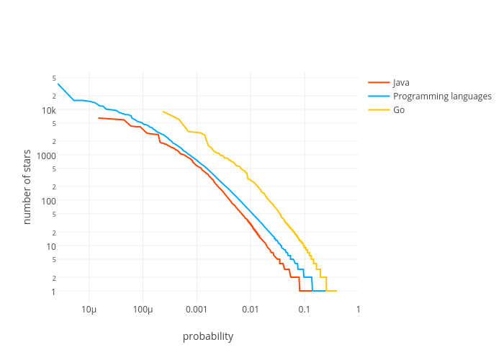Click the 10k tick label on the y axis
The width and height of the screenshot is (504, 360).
coord(48,110)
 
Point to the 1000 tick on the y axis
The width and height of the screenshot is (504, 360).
coord(46,156)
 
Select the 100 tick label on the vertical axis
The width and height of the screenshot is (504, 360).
coord(48,201)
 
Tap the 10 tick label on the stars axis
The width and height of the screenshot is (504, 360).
coord(50,246)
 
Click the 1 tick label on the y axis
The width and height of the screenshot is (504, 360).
coord(53,292)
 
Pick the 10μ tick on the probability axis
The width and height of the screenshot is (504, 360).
coord(89,309)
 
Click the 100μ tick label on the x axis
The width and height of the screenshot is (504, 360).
coord(143,309)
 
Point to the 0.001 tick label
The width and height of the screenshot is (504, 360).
coord(197,309)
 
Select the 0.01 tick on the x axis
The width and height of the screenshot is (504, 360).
coord(251,309)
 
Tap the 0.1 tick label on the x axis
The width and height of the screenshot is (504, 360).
coord(305,309)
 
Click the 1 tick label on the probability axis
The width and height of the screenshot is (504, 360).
coord(358,309)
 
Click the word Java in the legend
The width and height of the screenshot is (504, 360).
coord(401,83)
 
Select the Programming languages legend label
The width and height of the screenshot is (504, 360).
coord(442,96)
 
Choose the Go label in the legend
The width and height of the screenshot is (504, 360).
coord(399,110)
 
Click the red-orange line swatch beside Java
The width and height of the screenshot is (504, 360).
coord(379,83)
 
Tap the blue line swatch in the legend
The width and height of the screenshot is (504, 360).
coord(379,96)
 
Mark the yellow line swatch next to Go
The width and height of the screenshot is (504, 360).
coord(379,110)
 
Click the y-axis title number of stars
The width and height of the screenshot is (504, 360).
coord(27,186)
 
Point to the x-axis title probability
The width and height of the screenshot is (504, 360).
coord(208,336)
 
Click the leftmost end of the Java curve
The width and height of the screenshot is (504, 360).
coord(99,118)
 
